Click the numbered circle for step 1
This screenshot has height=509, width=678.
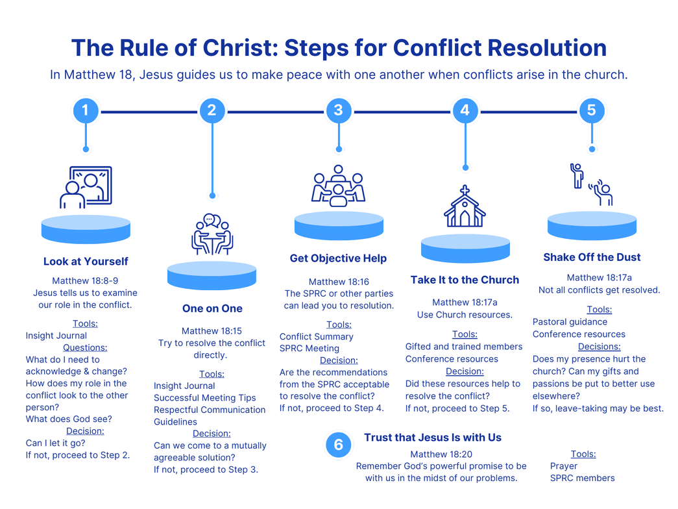(x=86, y=110)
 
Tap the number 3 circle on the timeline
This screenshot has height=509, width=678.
(x=338, y=110)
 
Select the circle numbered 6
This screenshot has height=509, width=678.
(x=338, y=445)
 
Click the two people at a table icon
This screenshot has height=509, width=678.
(x=212, y=235)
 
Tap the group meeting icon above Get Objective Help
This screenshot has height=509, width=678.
(x=338, y=186)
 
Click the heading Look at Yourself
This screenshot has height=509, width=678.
(x=86, y=262)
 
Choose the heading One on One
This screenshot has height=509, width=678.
(x=212, y=308)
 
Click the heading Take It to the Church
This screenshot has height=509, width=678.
(x=465, y=280)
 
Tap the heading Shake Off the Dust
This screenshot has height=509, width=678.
(x=592, y=257)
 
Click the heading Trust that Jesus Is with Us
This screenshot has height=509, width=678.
(x=432, y=438)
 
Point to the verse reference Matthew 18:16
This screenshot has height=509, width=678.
(x=339, y=282)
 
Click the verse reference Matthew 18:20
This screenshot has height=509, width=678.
(x=441, y=454)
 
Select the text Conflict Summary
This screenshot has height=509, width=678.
(x=316, y=336)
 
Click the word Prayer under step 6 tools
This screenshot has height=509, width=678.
(x=564, y=466)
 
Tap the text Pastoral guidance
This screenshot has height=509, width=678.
(x=570, y=322)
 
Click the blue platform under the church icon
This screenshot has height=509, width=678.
(x=465, y=249)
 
